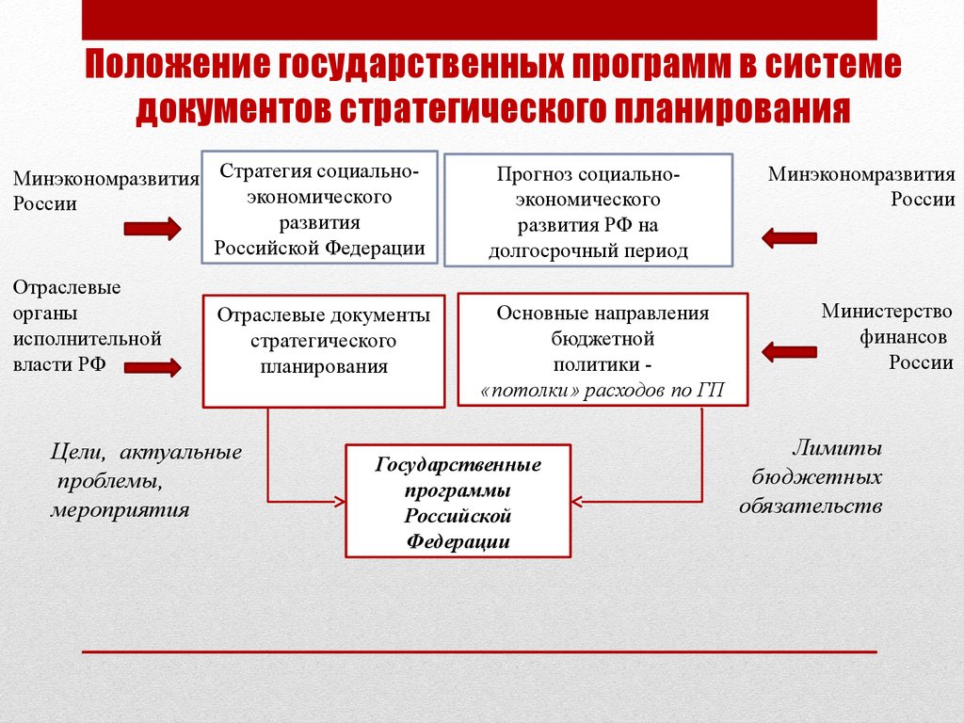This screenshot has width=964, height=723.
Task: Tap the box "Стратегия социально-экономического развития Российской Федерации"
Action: click(x=319, y=209)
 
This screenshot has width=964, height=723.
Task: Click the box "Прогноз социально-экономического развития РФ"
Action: click(x=588, y=212)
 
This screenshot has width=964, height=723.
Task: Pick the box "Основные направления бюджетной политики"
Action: click(x=602, y=348)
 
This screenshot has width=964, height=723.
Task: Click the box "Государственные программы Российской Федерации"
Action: click(x=458, y=501)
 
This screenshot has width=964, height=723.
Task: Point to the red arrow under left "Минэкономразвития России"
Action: click(x=152, y=229)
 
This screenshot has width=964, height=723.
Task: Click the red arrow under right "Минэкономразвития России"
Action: click(x=789, y=237)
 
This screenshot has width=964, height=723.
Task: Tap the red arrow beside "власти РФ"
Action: click(x=152, y=367)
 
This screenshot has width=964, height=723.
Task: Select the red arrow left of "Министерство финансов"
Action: click(x=789, y=352)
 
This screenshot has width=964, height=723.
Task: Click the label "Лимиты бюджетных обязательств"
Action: click(x=811, y=477)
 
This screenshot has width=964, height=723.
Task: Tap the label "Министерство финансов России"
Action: click(x=886, y=336)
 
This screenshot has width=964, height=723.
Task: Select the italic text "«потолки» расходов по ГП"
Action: click(x=602, y=391)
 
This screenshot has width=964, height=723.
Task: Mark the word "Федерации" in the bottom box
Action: click(x=458, y=541)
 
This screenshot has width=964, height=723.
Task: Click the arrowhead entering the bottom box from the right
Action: click(x=577, y=499)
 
